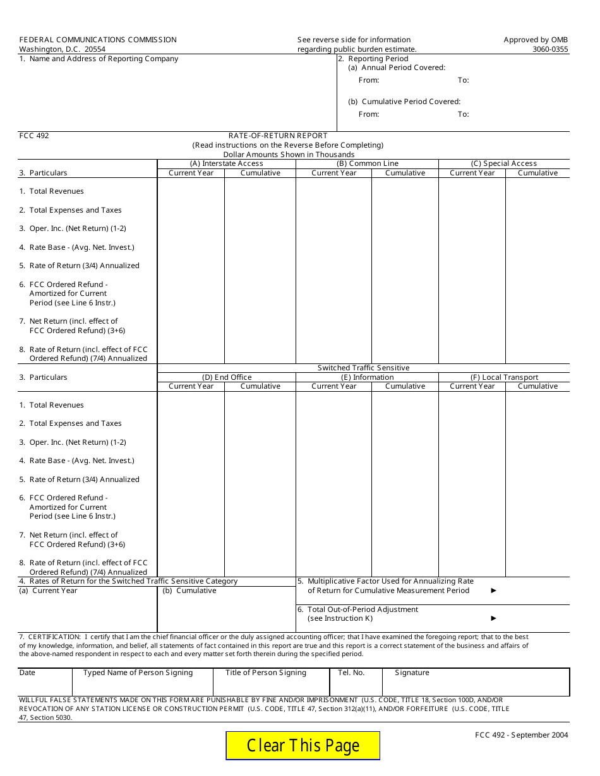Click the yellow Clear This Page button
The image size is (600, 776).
tap(303, 746)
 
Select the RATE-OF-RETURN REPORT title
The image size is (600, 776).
tap(278, 136)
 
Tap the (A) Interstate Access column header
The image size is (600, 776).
tap(226, 163)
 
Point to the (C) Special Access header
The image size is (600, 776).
tap(503, 163)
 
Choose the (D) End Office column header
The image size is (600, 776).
tap(226, 377)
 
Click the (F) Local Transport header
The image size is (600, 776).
tap(503, 377)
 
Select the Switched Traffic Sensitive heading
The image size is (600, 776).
tap(363, 368)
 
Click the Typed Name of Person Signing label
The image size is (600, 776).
tap(138, 673)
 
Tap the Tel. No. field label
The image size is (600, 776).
tap(351, 673)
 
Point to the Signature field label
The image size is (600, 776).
tap(412, 673)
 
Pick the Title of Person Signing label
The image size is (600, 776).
tap(265, 673)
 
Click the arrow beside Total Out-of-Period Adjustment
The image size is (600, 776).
tap(494, 618)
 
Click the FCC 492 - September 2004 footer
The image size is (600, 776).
tap(522, 734)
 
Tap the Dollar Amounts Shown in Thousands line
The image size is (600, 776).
tap(289, 155)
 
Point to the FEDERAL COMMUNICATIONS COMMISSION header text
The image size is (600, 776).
tap(98, 40)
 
